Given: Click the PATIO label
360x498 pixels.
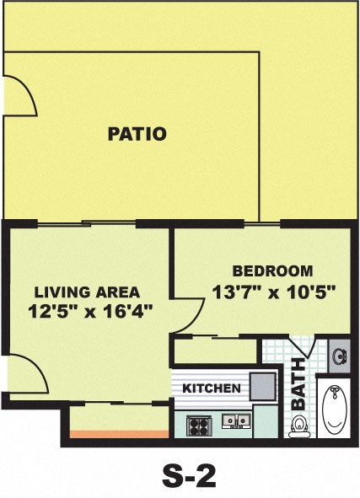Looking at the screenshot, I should [x=137, y=133].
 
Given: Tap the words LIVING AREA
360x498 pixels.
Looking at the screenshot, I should [x=87, y=292].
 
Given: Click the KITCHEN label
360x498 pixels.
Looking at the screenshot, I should [x=212, y=388].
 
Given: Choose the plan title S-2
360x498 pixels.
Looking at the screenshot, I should [x=189, y=476].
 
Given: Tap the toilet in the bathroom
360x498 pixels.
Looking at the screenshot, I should [x=297, y=426].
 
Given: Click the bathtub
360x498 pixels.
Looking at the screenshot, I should [x=336, y=410].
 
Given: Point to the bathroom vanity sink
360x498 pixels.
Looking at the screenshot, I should [x=341, y=355].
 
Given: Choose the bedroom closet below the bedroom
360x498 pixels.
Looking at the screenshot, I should [x=216, y=350].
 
